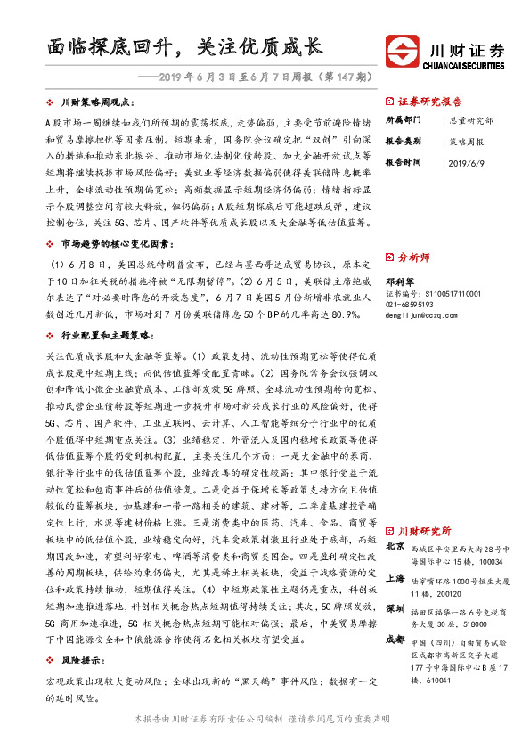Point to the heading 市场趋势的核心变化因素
[x=111, y=242]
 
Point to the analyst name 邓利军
[x=398, y=281]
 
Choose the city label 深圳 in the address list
[x=395, y=611]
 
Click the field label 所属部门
[x=401, y=119]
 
